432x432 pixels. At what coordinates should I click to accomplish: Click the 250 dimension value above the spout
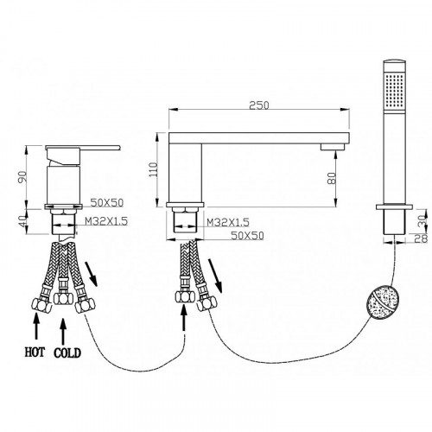point(259,105)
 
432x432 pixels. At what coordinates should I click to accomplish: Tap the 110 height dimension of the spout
point(154,169)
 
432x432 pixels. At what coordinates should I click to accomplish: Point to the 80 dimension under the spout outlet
point(332,178)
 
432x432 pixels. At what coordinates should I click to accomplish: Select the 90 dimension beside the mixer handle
point(22,177)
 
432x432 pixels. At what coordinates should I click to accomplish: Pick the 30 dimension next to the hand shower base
point(422,221)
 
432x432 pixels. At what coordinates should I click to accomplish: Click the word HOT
point(35,353)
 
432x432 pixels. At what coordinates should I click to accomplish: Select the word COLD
point(67,353)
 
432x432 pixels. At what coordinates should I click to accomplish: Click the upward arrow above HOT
point(36,326)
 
